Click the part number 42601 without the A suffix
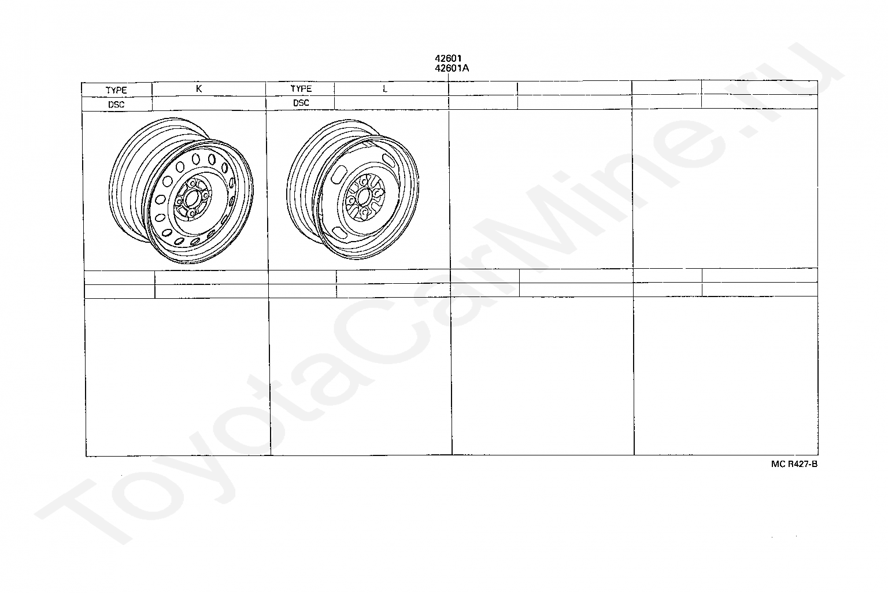click(448, 59)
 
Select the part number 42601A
click(452, 68)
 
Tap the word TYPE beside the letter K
click(116, 90)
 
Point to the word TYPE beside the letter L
click(301, 88)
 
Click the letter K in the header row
click(199, 89)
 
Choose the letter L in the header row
click(384, 89)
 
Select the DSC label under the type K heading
click(116, 105)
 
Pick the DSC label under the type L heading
click(301, 103)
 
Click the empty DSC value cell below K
click(209, 103)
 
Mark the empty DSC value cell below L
click(391, 103)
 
